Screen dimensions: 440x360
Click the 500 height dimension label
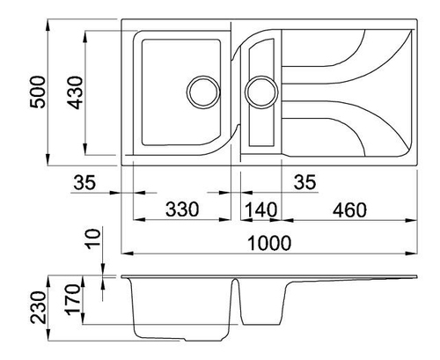[x=38, y=92]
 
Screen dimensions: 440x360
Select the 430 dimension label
[x=75, y=92]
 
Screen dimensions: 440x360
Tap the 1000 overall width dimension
[x=269, y=243]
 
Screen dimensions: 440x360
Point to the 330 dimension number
[x=182, y=209]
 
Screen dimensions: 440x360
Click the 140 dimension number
[x=260, y=209]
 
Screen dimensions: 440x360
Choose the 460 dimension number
[x=349, y=209]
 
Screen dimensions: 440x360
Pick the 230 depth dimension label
[x=39, y=307]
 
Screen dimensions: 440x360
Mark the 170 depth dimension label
[x=72, y=299]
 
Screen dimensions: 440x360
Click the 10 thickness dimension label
[x=93, y=239]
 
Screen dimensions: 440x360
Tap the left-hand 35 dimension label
[x=84, y=182]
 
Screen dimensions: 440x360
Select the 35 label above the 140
[x=305, y=182]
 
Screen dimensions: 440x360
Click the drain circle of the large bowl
[x=203, y=92]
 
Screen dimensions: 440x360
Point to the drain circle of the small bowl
[x=261, y=92]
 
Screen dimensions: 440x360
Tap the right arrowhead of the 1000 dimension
[x=411, y=253]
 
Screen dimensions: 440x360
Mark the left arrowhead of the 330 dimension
[x=139, y=219]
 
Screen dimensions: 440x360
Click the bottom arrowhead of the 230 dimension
[x=48, y=335]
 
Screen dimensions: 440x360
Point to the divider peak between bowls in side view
[x=235, y=279]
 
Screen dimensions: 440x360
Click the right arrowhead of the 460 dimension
[x=411, y=220]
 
